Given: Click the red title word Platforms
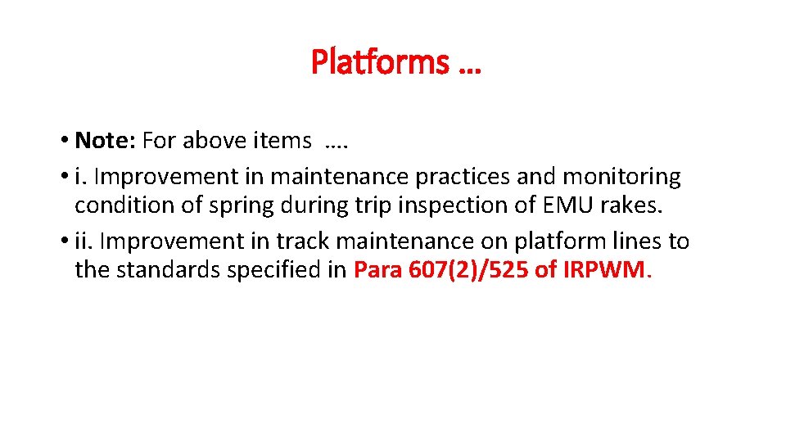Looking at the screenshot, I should point(380,61).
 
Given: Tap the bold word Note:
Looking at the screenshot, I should point(105,141).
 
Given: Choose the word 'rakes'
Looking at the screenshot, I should point(630,205).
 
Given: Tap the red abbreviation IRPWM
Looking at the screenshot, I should point(604,270).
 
